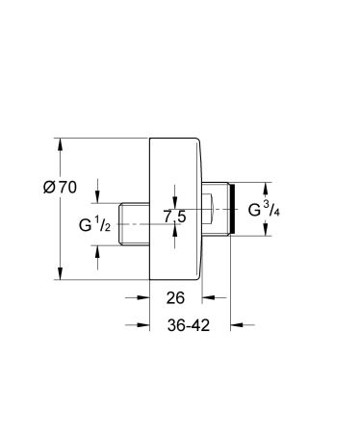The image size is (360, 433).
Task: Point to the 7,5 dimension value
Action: [174, 217]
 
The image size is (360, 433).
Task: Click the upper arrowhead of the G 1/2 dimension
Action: [98, 198]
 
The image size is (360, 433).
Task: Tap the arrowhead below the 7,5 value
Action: [173, 244]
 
